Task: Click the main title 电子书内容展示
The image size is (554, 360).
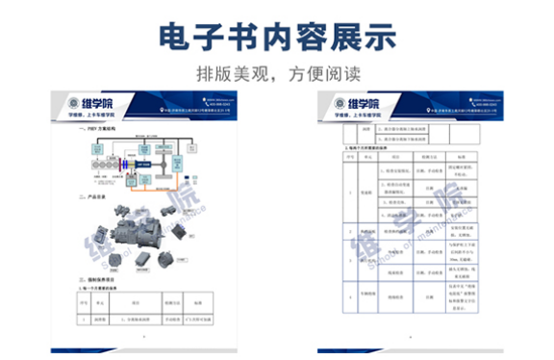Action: point(277,36)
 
